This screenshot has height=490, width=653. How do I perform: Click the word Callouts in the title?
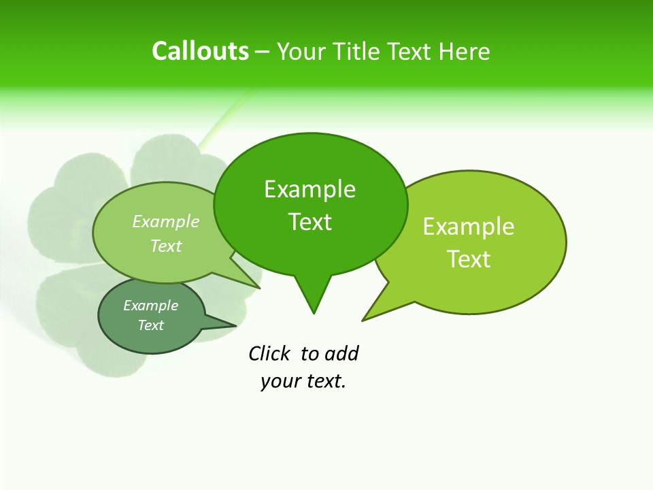click(x=200, y=51)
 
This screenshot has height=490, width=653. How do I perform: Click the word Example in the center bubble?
click(x=309, y=189)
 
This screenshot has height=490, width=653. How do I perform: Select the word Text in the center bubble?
click(x=310, y=222)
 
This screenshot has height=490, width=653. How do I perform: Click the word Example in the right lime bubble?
click(x=469, y=227)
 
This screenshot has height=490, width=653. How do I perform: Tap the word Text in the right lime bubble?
click(x=469, y=259)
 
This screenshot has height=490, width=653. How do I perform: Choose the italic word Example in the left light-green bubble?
click(x=166, y=221)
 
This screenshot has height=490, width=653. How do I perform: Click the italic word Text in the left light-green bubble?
click(x=166, y=246)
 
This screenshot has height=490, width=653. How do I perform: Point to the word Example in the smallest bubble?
click(x=151, y=306)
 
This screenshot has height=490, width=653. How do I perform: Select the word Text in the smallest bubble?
click(x=151, y=325)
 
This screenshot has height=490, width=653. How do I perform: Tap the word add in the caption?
click(x=341, y=353)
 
